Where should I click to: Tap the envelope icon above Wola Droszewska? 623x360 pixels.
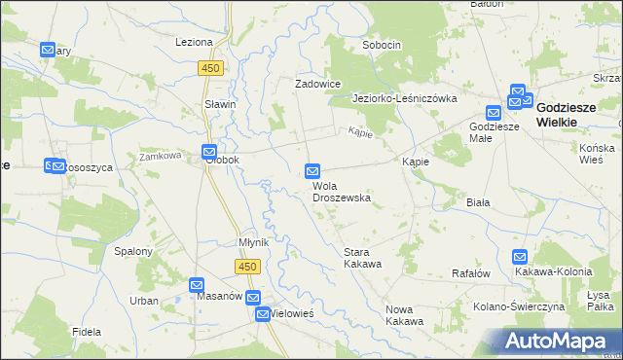pyautogui.click(x=312, y=171)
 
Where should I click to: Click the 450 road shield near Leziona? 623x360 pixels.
pyautogui.click(x=212, y=68)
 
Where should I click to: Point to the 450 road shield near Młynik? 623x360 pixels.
pyautogui.click(x=247, y=266)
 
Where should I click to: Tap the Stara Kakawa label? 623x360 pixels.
pyautogui.click(x=361, y=257)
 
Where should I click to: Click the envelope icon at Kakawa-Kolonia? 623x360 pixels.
pyautogui.click(x=520, y=258)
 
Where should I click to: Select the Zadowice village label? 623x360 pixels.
pyautogui.click(x=318, y=84)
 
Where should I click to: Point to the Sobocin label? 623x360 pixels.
pyautogui.click(x=382, y=45)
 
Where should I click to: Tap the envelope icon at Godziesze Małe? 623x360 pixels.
pyautogui.click(x=494, y=113)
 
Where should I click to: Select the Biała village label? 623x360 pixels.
pyautogui.click(x=477, y=202)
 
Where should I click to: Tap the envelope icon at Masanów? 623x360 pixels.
pyautogui.click(x=198, y=284)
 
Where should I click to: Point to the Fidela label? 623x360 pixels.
pyautogui.click(x=87, y=332)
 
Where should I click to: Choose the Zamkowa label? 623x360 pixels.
pyautogui.click(x=161, y=156)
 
